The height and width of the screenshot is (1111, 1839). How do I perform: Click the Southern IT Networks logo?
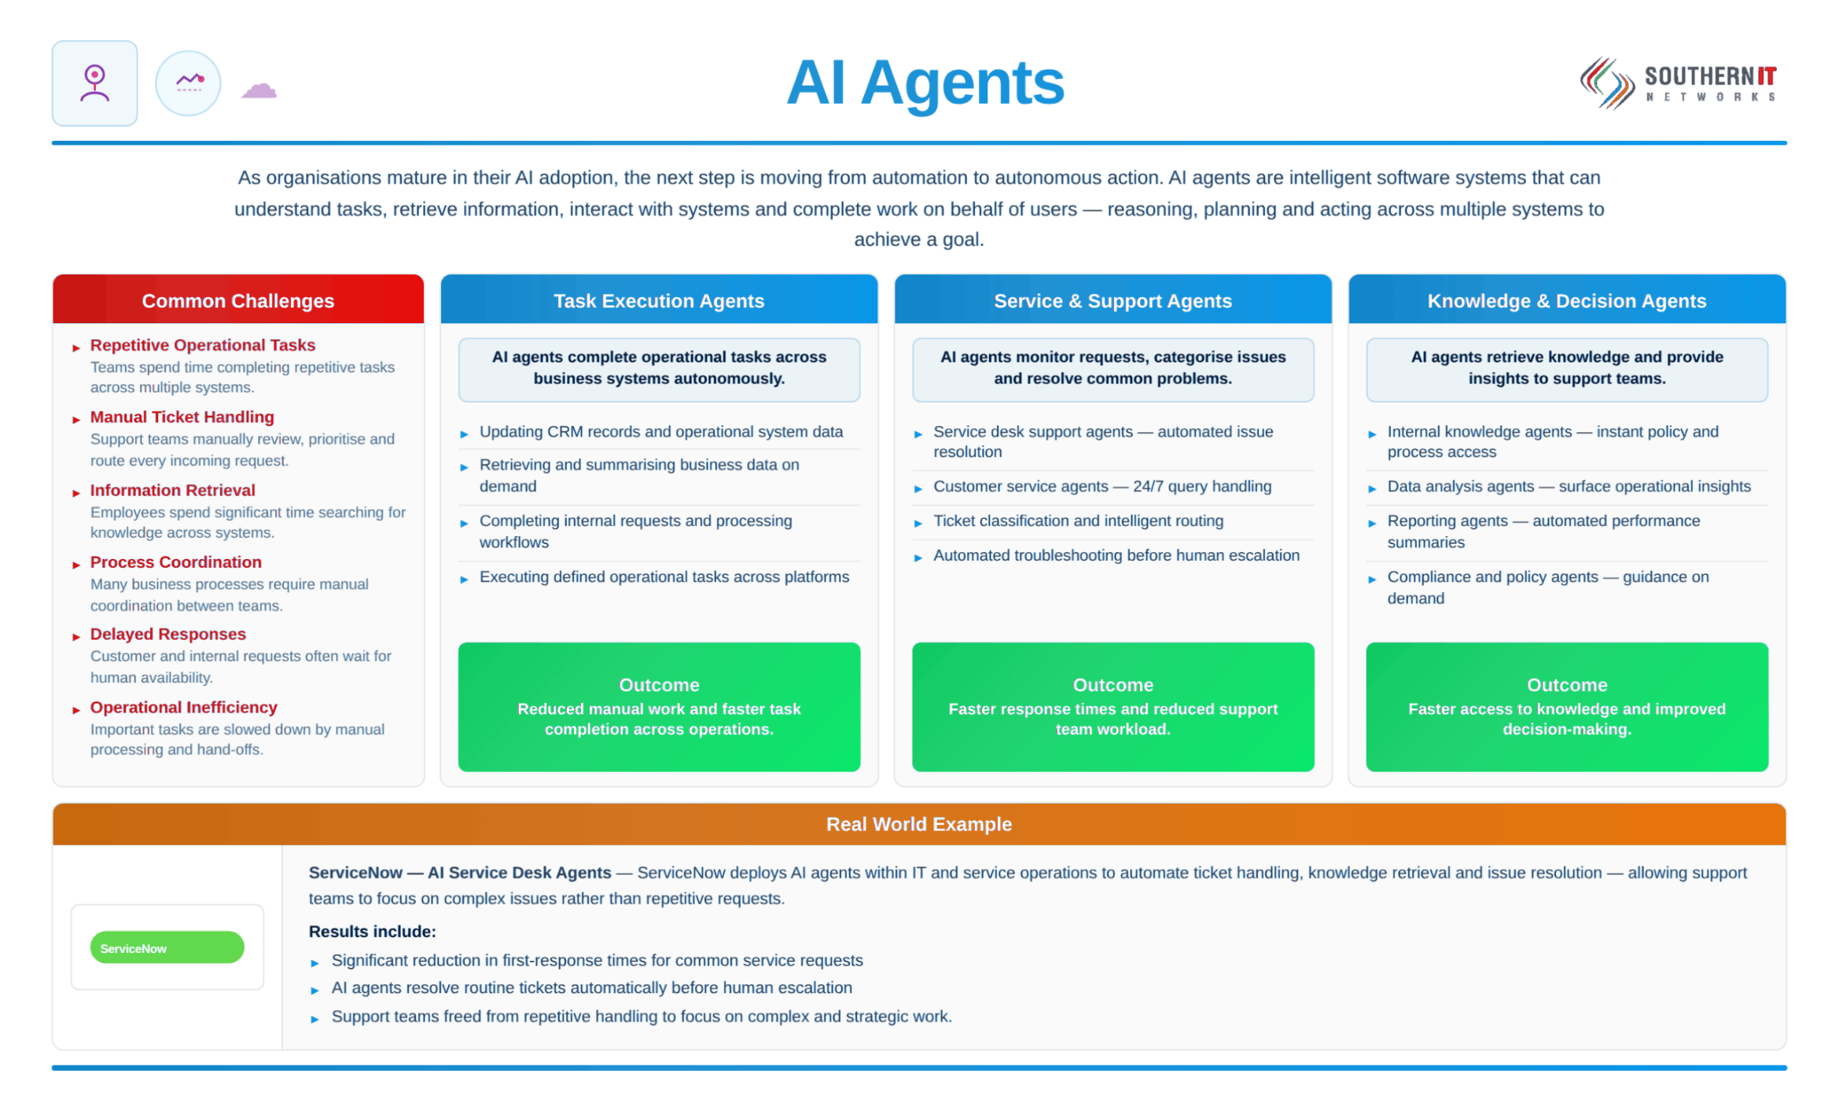[1678, 83]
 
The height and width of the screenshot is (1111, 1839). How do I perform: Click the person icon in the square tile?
[94, 83]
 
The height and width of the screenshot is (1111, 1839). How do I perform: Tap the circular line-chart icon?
[188, 83]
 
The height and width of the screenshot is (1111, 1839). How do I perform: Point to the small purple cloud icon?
[259, 90]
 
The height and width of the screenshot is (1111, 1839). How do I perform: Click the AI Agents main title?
[925, 83]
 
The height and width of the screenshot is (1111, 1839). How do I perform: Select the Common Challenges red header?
[237, 300]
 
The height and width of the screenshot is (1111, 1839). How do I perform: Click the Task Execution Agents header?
[658, 300]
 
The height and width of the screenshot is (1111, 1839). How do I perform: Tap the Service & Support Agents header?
[1112, 300]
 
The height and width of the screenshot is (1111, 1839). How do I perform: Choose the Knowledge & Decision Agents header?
[1566, 300]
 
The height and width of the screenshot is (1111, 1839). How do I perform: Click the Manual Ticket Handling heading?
[182, 417]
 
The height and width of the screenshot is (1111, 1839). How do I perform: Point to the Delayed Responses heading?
[167, 634]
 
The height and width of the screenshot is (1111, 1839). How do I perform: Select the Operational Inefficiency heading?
[183, 707]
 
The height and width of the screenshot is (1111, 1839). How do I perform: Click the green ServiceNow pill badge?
[167, 947]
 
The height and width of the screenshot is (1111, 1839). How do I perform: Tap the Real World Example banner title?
[918, 824]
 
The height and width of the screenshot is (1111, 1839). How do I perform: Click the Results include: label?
[372, 932]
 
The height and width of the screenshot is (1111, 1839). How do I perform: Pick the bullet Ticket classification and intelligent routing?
[1078, 521]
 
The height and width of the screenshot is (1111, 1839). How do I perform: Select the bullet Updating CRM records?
[660, 432]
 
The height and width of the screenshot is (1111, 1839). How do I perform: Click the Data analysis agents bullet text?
[1569, 486]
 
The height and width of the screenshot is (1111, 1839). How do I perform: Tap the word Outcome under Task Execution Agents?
[659, 685]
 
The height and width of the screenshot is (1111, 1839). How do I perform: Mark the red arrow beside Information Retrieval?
[76, 493]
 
